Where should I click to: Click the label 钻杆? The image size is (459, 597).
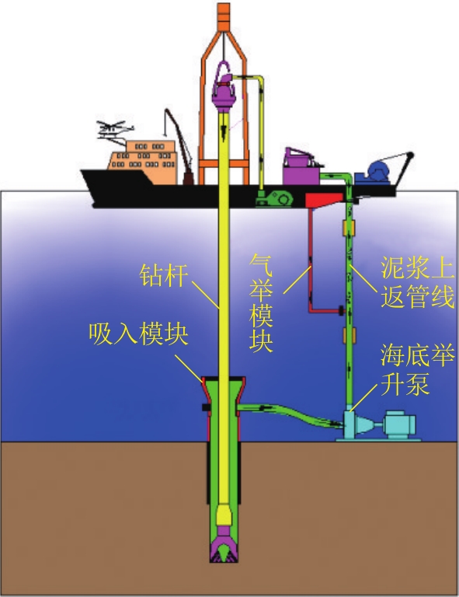(164, 275)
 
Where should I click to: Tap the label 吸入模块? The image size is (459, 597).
(138, 334)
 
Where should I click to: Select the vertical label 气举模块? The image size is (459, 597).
(261, 303)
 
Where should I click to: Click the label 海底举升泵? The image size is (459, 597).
(418, 369)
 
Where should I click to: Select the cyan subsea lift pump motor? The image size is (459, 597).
(399, 424)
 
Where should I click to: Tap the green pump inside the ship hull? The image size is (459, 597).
(275, 198)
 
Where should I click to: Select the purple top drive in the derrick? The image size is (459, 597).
(224, 88)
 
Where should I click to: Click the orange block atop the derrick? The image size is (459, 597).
(224, 17)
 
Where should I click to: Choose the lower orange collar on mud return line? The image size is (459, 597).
(349, 335)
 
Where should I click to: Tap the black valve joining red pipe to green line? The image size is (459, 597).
(341, 310)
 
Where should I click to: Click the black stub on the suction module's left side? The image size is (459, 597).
(206, 407)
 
